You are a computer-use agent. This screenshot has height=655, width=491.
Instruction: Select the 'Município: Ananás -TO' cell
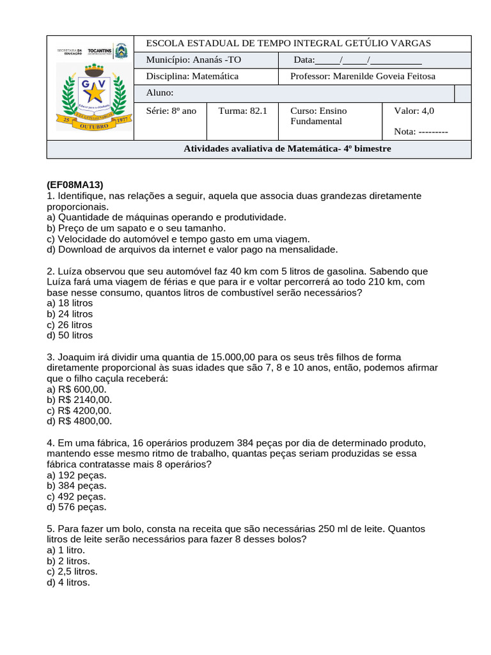194,60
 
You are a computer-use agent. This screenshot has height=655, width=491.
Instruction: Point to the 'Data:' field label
304,60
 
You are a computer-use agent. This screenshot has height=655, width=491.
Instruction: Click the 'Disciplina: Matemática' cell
192,77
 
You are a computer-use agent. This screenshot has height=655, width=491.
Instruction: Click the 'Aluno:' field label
160,93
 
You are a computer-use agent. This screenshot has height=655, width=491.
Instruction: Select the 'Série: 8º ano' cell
171,111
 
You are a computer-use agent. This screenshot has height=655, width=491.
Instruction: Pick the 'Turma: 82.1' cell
242,111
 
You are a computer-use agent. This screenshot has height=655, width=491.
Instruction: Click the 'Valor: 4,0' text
414,111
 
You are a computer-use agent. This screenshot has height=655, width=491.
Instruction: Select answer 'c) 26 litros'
70,324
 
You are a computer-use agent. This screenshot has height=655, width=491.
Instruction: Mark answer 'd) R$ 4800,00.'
79,421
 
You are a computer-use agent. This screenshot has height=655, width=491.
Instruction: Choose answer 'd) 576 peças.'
77,507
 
